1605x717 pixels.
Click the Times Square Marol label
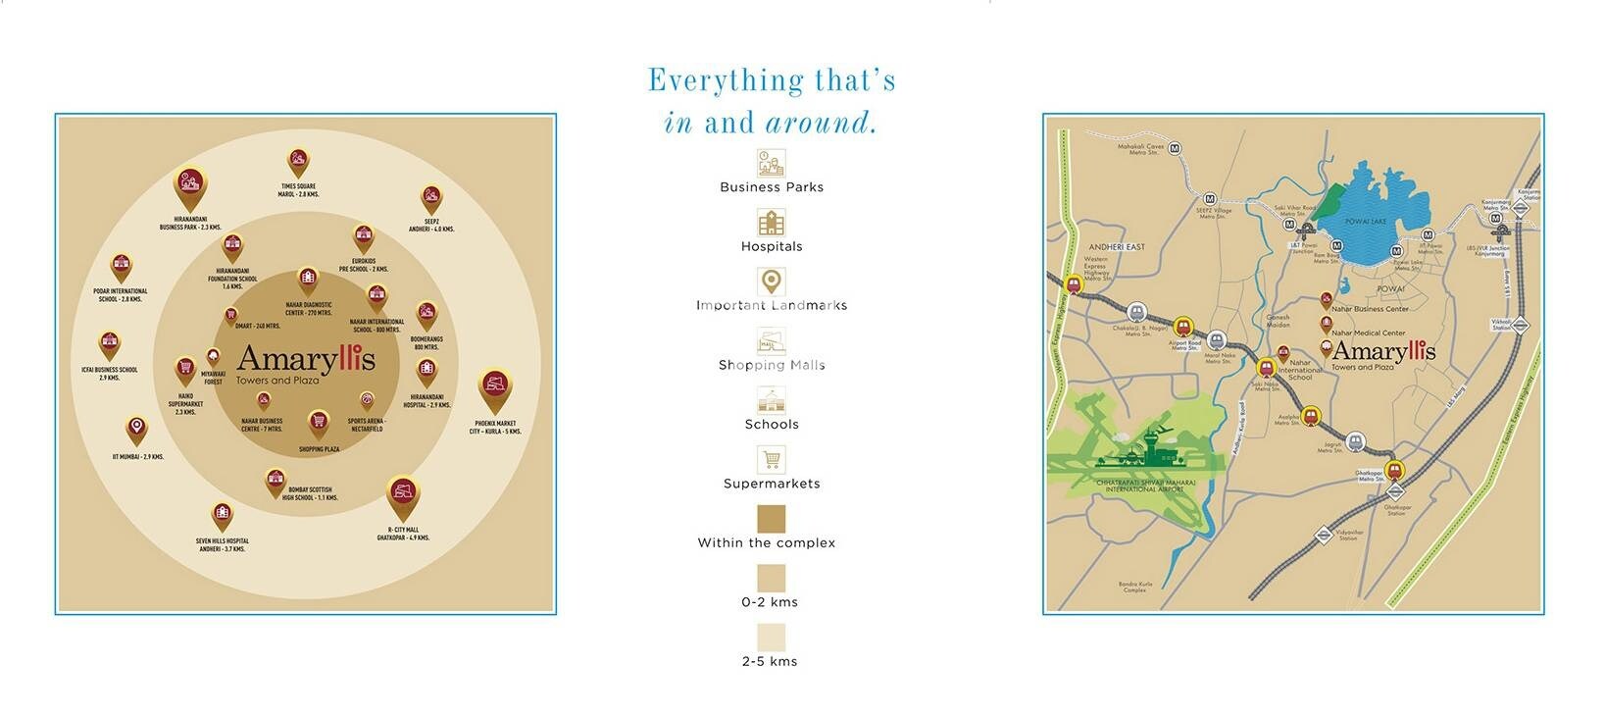point(298,190)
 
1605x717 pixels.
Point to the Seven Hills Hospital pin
point(223,515)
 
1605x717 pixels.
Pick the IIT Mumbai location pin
point(136,429)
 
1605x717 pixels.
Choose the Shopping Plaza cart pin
point(318,423)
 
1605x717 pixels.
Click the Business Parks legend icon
point(771,163)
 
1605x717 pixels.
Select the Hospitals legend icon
point(771,223)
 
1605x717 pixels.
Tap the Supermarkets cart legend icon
point(771,459)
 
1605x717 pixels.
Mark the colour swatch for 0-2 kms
point(771,578)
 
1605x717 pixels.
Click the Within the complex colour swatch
point(771,519)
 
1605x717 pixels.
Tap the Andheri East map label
point(1117,247)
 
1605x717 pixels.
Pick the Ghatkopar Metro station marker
point(1394,471)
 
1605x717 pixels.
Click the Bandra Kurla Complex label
point(1134,588)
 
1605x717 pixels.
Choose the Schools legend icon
point(771,400)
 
